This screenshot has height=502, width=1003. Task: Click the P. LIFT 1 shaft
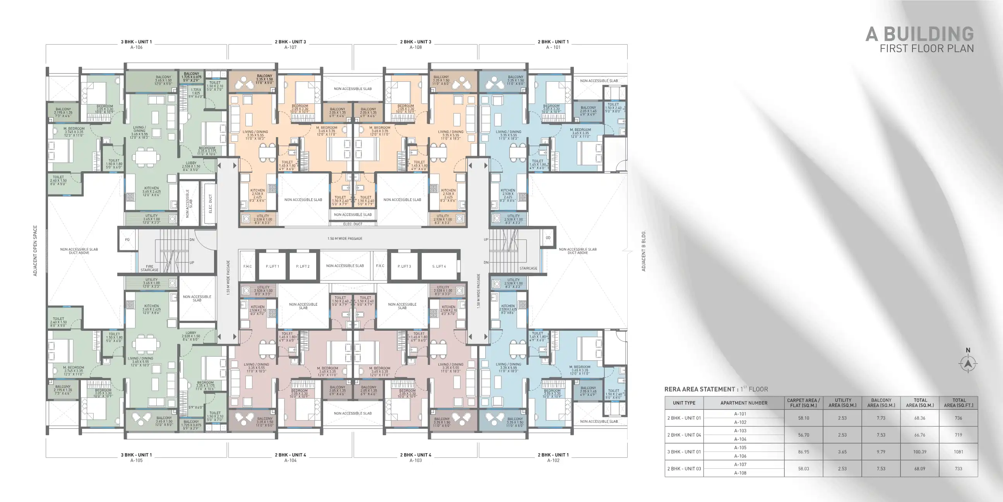click(x=272, y=266)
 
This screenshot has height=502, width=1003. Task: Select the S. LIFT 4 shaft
click(x=439, y=266)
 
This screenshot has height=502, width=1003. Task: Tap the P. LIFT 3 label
click(x=404, y=266)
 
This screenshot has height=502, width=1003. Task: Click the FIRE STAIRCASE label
click(x=149, y=268)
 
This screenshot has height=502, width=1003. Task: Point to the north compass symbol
click(x=968, y=364)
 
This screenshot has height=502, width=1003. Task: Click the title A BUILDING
click(x=920, y=34)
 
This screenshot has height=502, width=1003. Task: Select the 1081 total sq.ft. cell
click(x=958, y=452)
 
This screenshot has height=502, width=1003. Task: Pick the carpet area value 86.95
click(x=803, y=452)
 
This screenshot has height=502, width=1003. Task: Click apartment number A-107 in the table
click(x=740, y=464)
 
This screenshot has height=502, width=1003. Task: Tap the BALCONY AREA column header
click(x=881, y=402)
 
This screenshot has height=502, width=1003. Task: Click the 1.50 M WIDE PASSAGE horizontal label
click(x=345, y=238)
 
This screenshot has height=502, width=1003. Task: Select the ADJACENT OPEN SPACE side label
click(x=36, y=251)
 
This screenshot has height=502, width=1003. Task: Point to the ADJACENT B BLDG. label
click(x=644, y=251)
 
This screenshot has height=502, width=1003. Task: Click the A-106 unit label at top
click(x=136, y=47)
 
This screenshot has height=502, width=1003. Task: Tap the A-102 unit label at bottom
click(x=553, y=460)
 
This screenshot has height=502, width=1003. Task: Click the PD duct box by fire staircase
click(x=127, y=239)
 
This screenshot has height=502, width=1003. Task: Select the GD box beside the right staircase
click(x=548, y=237)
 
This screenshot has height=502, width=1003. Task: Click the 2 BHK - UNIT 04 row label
click(x=684, y=435)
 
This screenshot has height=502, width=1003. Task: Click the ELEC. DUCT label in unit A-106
click(x=211, y=203)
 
